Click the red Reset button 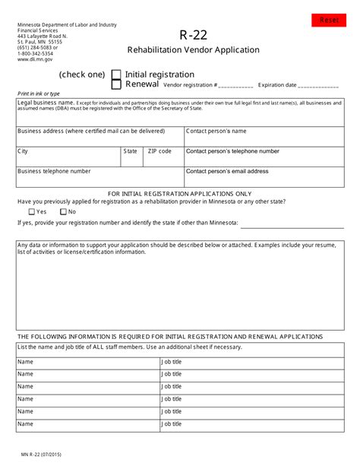[x=328, y=20]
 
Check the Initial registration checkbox [x=116, y=74]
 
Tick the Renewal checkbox [x=116, y=85]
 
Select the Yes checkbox [x=32, y=211]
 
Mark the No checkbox [x=63, y=211]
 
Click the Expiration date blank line [x=318, y=86]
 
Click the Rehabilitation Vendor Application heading [x=193, y=50]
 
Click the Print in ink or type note [x=39, y=94]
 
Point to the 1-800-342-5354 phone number [x=36, y=54]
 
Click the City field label [x=23, y=151]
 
